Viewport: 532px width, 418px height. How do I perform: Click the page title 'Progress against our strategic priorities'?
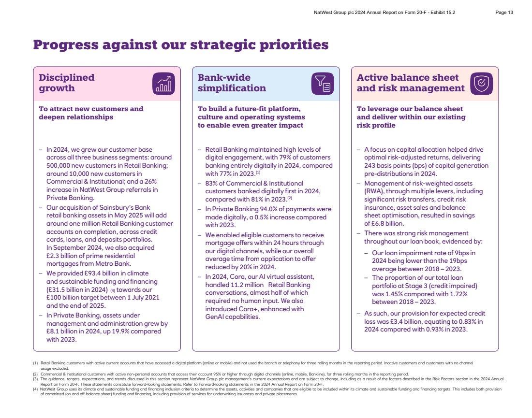pos(181,45)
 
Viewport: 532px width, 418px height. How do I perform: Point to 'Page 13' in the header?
pos(504,13)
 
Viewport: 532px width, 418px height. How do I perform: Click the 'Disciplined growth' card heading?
pos(67,83)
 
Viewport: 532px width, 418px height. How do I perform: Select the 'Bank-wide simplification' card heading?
pos(232,83)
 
